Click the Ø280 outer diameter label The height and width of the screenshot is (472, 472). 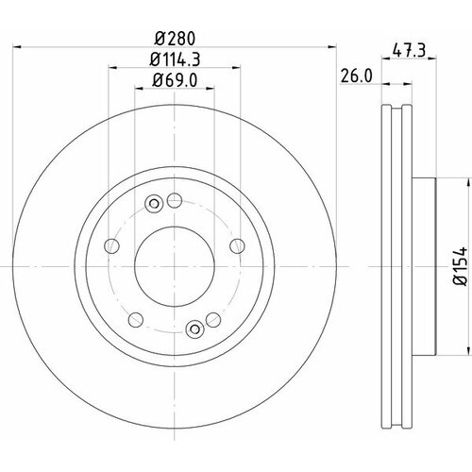coord(176,39)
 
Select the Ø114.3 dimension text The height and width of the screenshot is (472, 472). coord(175,59)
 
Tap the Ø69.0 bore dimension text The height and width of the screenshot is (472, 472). coord(175,80)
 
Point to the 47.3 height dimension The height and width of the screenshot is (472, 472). coord(409,50)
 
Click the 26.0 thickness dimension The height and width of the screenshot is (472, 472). coord(357,76)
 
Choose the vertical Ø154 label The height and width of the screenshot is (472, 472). coord(461,266)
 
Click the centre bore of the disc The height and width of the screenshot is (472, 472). coord(175,266)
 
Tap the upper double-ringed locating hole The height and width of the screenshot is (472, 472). coord(154,204)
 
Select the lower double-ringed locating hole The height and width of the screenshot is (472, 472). coord(195,329)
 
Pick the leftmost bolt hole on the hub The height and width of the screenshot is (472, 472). coord(111,245)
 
